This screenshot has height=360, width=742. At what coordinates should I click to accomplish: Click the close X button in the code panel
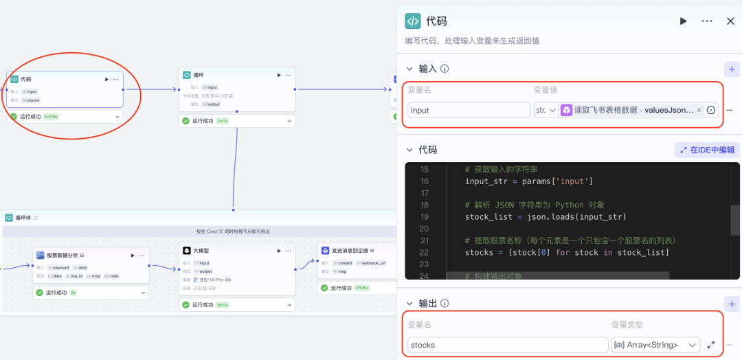pos(730,21)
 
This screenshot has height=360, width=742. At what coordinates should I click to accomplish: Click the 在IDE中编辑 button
pos(707,150)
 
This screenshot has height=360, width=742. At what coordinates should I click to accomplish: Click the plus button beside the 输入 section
pos(732,69)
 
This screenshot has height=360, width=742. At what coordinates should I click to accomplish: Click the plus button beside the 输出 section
pos(732,304)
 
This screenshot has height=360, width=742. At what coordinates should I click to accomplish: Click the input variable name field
pos(468,110)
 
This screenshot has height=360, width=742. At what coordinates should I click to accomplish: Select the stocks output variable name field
pos(506,345)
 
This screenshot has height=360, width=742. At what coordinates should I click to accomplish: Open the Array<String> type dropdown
pos(655,345)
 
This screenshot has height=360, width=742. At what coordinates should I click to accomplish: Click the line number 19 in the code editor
pos(423,217)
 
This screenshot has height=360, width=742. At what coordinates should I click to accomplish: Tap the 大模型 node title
pos(201,251)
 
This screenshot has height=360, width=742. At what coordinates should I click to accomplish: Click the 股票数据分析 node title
pos(62,255)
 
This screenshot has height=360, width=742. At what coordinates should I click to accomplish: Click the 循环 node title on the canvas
pos(199,75)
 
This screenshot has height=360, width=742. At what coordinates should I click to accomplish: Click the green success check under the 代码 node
pos(13,117)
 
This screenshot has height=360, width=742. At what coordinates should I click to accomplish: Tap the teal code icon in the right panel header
pos(413,21)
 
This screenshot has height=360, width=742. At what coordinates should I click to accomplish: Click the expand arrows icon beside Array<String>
pos(710,345)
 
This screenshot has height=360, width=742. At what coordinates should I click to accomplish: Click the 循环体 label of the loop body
pos(23,218)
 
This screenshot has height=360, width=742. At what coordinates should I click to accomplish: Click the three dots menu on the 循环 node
pos(288,75)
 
